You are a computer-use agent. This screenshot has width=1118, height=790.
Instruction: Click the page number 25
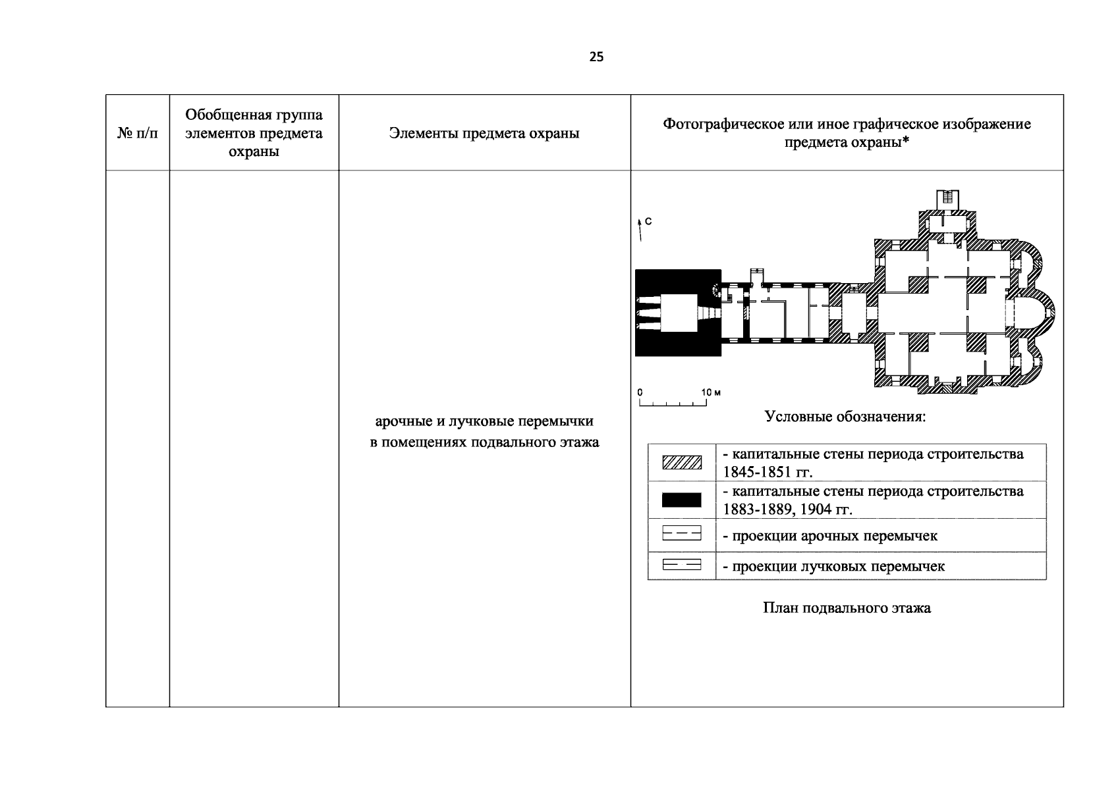click(x=596, y=57)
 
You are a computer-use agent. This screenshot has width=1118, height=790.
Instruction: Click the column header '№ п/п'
click(x=138, y=134)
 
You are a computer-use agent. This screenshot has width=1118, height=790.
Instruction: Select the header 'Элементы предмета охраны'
click(x=484, y=134)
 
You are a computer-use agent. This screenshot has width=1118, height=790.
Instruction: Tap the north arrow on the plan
click(x=639, y=228)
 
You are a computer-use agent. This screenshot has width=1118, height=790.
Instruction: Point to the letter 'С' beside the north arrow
click(x=648, y=222)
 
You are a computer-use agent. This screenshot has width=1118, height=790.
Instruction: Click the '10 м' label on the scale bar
click(x=711, y=392)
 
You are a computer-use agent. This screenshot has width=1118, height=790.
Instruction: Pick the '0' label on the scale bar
click(x=640, y=392)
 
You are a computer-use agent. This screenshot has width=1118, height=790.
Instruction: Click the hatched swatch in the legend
click(x=682, y=463)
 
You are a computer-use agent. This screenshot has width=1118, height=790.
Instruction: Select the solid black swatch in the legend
click(x=682, y=500)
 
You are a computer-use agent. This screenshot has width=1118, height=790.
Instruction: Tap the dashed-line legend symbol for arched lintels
click(x=682, y=534)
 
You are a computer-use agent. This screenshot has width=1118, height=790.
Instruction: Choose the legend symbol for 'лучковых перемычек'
click(x=682, y=565)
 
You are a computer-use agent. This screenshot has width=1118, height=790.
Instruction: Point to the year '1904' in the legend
click(x=816, y=510)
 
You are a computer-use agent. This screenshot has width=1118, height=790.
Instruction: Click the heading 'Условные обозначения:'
click(x=845, y=417)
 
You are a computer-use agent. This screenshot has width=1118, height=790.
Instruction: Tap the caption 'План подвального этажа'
click(x=847, y=608)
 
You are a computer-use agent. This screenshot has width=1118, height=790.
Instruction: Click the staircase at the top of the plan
click(x=947, y=197)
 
